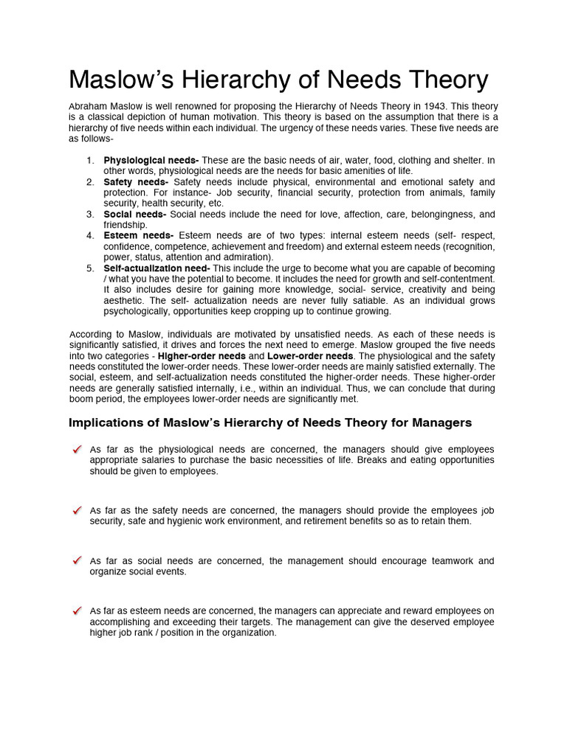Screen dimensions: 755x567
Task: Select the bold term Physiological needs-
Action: point(151,160)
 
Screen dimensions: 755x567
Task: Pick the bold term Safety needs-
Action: point(136,181)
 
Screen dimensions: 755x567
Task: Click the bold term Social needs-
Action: point(136,214)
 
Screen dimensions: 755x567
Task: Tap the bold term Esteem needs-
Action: point(138,236)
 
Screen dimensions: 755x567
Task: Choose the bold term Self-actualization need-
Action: point(157,268)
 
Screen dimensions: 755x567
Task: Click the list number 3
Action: point(89,214)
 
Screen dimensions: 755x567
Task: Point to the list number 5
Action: point(89,268)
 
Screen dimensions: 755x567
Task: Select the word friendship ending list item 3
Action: point(126,225)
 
